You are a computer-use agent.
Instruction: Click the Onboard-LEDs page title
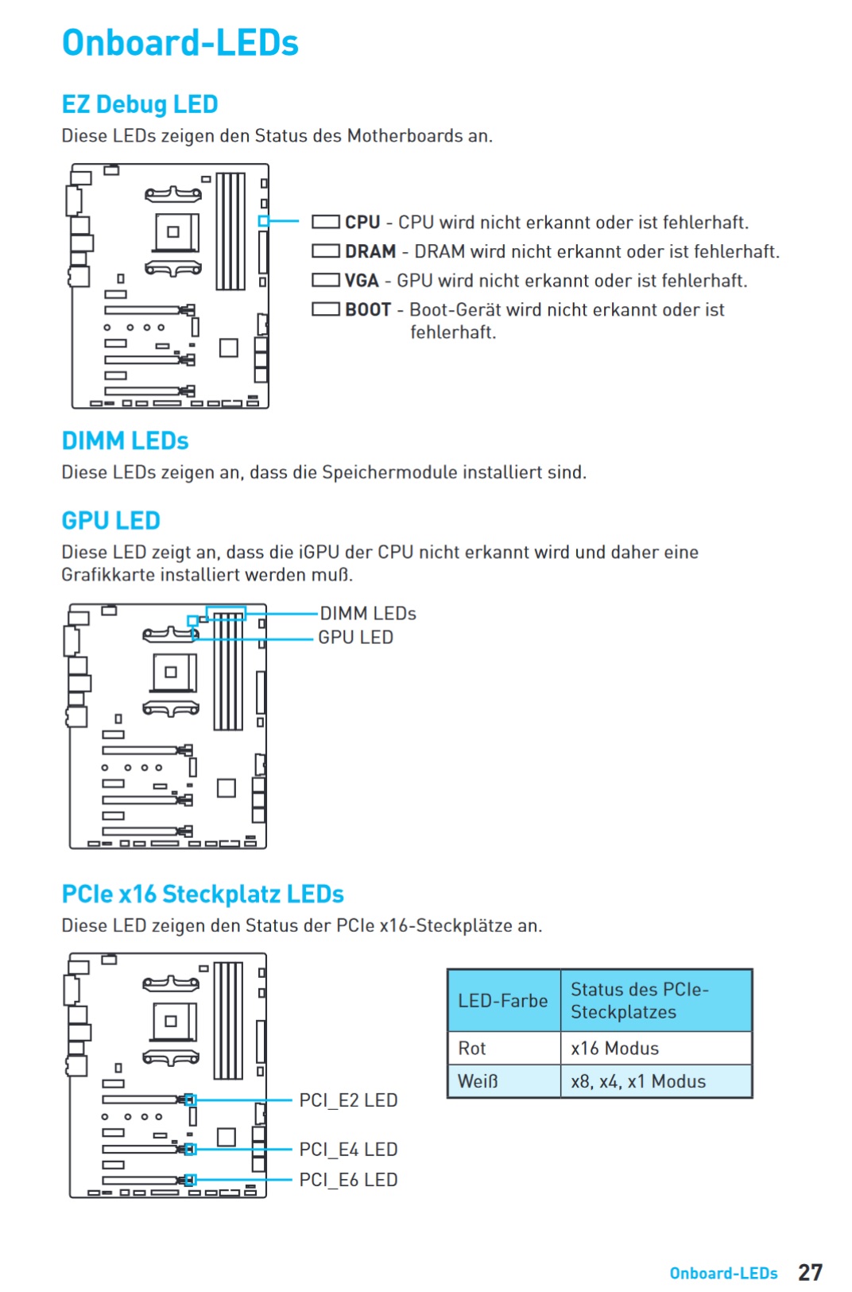click(x=180, y=43)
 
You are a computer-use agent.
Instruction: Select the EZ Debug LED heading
click(x=140, y=104)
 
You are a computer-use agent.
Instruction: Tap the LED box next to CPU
click(x=325, y=222)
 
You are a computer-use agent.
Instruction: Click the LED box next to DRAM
click(x=325, y=251)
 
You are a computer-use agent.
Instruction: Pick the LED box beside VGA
click(x=325, y=280)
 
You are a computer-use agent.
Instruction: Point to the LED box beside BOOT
click(x=325, y=309)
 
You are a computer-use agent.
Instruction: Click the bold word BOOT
click(x=368, y=310)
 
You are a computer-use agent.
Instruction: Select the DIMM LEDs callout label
click(x=368, y=613)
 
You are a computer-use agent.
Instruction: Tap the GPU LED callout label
click(x=356, y=638)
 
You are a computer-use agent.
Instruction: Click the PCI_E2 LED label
click(x=348, y=1100)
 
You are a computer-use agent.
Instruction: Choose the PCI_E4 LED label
click(x=348, y=1150)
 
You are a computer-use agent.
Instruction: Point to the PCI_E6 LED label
click(x=348, y=1180)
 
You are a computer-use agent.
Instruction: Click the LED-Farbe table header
click(x=502, y=1001)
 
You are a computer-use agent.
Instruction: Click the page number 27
click(x=810, y=1272)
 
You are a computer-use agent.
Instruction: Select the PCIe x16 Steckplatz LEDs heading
click(x=203, y=894)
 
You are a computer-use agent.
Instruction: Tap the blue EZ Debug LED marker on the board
click(x=263, y=221)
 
